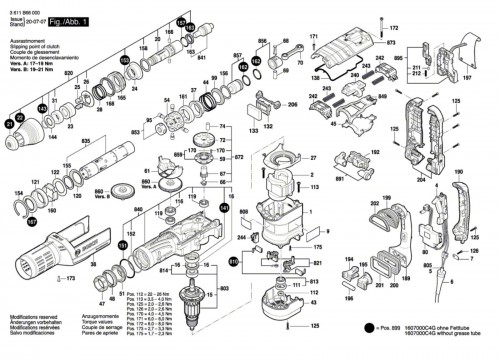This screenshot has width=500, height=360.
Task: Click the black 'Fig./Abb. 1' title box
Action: (x=68, y=21)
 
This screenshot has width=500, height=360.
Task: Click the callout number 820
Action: (x=68, y=74)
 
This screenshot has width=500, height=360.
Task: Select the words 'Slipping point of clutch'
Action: (x=36, y=45)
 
